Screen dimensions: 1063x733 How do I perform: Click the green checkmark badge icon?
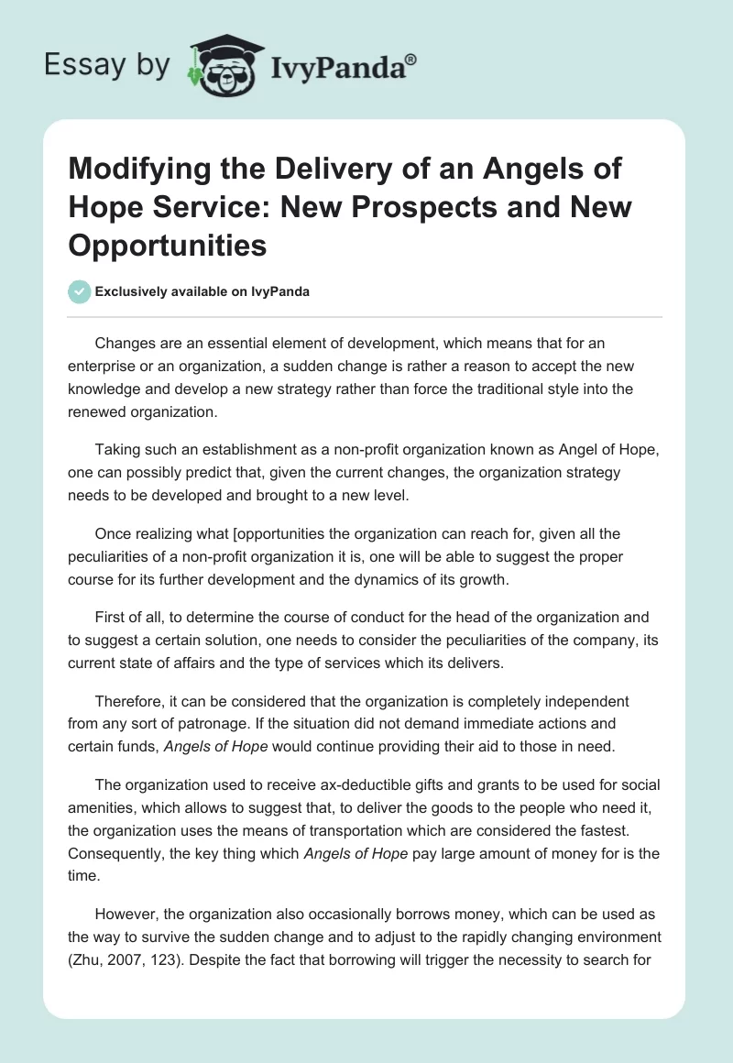pyautogui.click(x=80, y=291)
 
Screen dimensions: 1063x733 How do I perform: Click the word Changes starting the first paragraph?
pyautogui.click(x=126, y=345)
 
